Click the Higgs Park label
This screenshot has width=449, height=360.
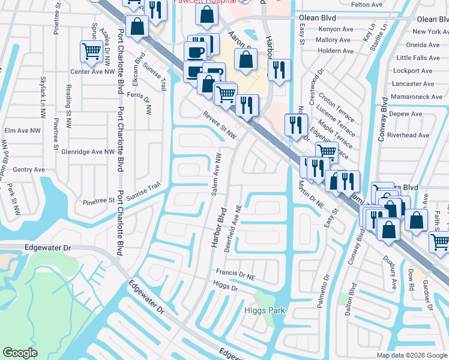point(265,310)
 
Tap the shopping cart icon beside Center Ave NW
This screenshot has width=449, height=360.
point(91,52)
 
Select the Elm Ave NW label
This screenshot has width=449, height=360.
point(22,130)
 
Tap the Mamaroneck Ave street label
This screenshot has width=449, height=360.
point(416,96)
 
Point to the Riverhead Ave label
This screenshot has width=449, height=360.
point(409,135)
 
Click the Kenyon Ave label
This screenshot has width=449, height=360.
point(336,29)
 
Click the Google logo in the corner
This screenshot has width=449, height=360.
point(20,353)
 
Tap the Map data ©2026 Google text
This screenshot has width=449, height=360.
point(411,355)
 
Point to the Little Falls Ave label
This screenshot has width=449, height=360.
point(418,58)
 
